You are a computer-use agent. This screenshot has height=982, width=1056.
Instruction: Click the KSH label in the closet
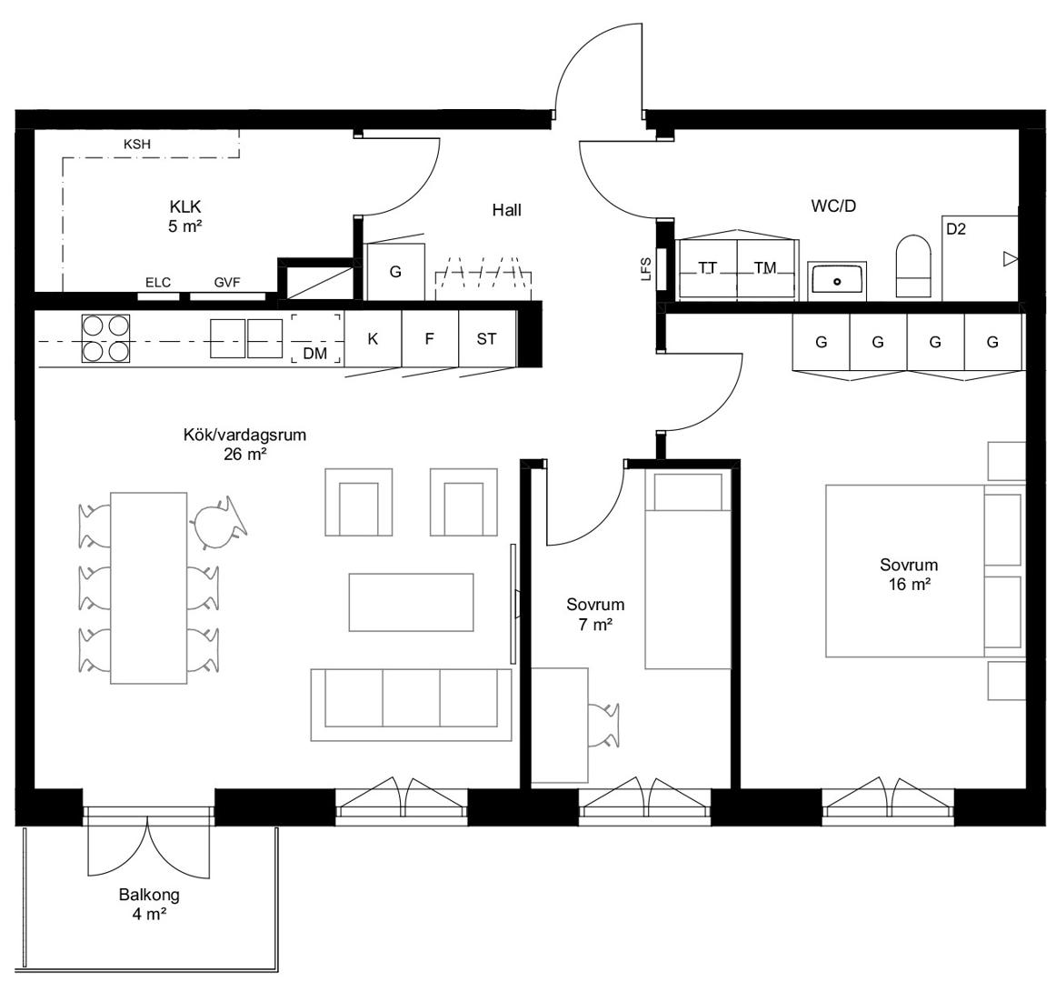pyautogui.click(x=136, y=145)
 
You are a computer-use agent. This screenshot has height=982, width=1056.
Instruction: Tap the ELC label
pyautogui.click(x=158, y=283)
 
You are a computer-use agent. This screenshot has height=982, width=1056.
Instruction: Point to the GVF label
pyautogui.click(x=227, y=283)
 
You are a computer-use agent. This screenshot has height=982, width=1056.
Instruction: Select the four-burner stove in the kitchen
pyautogui.click(x=105, y=338)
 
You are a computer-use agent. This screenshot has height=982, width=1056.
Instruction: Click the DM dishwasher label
pyautogui.click(x=315, y=353)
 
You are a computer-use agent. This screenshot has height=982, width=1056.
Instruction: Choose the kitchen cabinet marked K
pyautogui.click(x=374, y=338)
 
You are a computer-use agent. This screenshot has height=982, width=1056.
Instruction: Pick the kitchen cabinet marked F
pyautogui.click(x=430, y=338)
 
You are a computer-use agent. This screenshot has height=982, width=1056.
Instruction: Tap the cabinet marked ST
pyautogui.click(x=487, y=338)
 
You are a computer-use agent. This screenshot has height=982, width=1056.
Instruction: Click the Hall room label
pyautogui.click(x=506, y=210)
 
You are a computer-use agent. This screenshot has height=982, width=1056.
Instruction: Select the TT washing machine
pyautogui.click(x=708, y=269)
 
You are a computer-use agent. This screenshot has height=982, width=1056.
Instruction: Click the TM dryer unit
pyautogui.click(x=767, y=269)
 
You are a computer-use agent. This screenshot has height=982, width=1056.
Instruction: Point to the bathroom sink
pyautogui.click(x=837, y=280)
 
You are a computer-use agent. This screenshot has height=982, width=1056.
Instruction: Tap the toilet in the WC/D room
pyautogui.click(x=913, y=266)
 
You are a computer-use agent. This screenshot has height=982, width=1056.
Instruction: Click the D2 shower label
pyautogui.click(x=956, y=229)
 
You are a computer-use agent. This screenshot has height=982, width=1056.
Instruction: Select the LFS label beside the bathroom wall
pyautogui.click(x=646, y=268)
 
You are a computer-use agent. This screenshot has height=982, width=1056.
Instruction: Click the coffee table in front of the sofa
pyautogui.click(x=411, y=602)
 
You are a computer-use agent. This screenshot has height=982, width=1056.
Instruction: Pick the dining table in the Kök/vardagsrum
pyautogui.click(x=149, y=587)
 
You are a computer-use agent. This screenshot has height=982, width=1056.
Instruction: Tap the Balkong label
pyautogui.click(x=149, y=895)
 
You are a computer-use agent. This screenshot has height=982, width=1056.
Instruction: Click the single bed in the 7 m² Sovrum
pyautogui.click(x=688, y=569)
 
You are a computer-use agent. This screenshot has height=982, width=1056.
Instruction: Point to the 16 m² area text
pyautogui.click(x=909, y=585)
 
